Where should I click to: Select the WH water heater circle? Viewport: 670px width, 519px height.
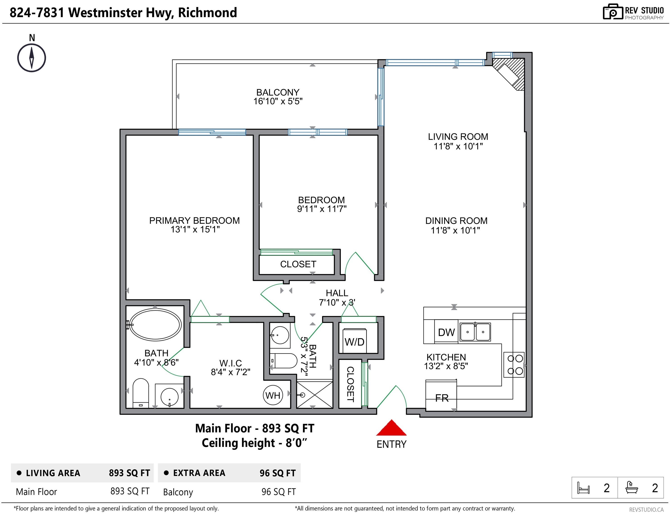(273, 395)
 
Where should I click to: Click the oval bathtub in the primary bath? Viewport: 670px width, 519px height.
(155, 324)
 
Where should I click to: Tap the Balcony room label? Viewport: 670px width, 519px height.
(278, 92)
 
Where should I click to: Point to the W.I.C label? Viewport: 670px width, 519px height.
(230, 363)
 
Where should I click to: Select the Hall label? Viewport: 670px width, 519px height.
(337, 293)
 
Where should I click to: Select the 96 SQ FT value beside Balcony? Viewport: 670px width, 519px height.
(278, 492)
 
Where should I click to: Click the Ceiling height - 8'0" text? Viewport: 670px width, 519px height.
(254, 443)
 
